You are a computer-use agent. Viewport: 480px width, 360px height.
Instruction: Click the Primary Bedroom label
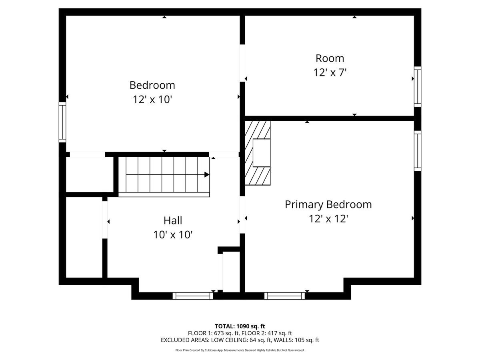point(328,204)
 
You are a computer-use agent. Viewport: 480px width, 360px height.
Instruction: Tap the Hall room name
point(173,220)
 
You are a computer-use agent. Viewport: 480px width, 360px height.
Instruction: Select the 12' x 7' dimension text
point(330,73)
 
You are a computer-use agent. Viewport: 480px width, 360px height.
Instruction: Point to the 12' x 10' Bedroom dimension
point(152,100)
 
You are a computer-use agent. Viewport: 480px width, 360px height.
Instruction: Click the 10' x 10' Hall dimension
point(173,235)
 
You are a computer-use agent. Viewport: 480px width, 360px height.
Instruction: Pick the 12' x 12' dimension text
point(328,219)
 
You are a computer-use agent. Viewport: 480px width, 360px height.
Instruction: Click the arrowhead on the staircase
point(207,174)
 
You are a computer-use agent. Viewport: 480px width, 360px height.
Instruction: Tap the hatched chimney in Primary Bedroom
point(257,153)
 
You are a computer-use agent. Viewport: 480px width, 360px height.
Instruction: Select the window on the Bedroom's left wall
point(62,122)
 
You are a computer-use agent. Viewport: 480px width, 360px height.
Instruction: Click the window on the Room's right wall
point(417,86)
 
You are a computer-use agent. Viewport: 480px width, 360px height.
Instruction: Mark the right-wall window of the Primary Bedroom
point(417,150)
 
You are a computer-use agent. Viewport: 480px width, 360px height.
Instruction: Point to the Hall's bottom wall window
point(192,296)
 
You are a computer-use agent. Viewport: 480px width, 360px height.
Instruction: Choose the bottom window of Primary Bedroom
point(284,296)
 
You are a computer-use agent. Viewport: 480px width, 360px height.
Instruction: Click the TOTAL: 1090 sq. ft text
point(240,326)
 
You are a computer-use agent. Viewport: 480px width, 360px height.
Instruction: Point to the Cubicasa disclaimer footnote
point(240,350)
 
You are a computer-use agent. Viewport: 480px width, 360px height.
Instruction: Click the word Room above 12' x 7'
point(330,58)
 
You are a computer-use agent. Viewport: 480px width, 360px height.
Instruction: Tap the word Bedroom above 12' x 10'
point(152,85)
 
